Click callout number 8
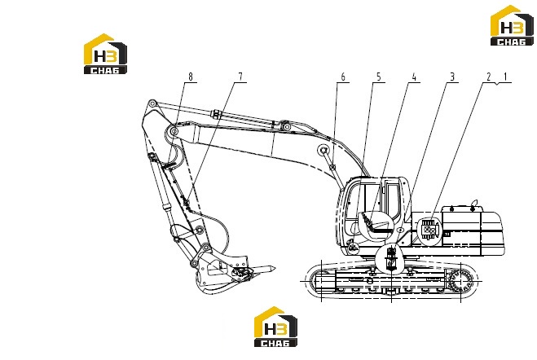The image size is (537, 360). (191, 77)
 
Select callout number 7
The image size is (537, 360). (240, 77)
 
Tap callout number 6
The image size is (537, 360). (343, 77)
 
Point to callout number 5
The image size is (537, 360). (379, 77)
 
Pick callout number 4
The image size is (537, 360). (414, 77)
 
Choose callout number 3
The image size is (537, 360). (452, 77)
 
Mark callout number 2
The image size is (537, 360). (489, 77)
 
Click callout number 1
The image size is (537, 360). (504, 77)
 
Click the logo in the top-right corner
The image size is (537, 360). (512, 25)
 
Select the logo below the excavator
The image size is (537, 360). (275, 327)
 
